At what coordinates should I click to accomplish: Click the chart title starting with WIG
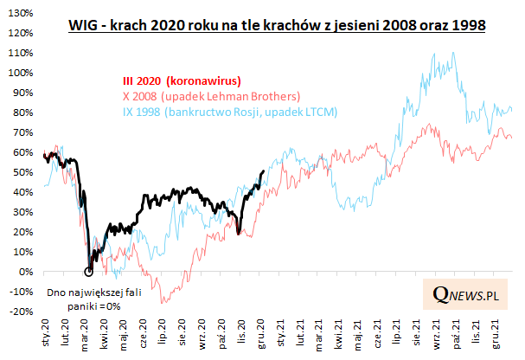point(276,26)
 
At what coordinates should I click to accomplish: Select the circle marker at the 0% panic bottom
point(88,272)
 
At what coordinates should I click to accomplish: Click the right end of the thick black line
point(263,170)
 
